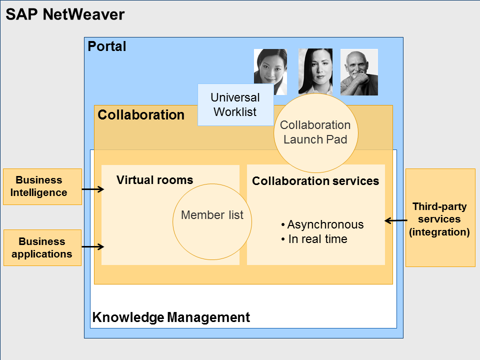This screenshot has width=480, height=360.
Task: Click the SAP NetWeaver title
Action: [x=65, y=14]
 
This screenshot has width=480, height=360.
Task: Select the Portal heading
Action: [x=107, y=47]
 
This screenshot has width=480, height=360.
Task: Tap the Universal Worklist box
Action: [x=235, y=104]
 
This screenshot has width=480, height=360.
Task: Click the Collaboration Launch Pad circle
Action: [x=315, y=132]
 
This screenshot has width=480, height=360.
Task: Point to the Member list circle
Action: [x=212, y=215]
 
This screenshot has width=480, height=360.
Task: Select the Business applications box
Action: [x=42, y=247]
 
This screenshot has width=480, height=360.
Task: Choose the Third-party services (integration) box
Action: [x=440, y=218]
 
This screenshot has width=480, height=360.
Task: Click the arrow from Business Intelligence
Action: [x=92, y=189]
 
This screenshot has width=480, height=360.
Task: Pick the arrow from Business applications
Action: [x=92, y=246]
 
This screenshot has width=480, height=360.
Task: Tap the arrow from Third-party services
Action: [x=395, y=220]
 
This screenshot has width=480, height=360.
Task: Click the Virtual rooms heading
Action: [x=154, y=180]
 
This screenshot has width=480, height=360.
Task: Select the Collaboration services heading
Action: [x=315, y=181]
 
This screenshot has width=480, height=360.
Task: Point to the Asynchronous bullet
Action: [x=322, y=225]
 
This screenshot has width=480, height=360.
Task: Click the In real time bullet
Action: [x=314, y=239]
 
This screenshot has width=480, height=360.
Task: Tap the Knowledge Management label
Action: [x=171, y=317]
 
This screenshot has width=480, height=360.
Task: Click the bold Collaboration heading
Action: [x=141, y=115]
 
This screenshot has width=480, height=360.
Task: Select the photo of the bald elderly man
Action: [x=359, y=72]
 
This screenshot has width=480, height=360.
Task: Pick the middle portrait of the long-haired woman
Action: [x=315, y=70]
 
